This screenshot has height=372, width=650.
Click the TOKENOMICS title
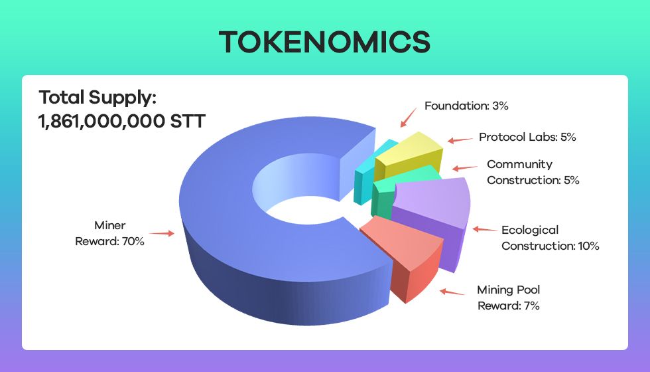[x=324, y=42]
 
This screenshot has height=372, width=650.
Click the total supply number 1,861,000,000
[x=101, y=121]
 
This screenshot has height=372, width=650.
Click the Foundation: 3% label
[x=466, y=106]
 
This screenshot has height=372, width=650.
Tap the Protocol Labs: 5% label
[x=527, y=137]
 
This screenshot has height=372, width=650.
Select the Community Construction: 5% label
[x=533, y=172]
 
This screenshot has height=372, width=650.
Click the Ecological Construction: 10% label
[x=551, y=238]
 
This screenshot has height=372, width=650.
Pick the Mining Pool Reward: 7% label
[x=509, y=298]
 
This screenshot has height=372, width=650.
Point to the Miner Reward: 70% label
[x=110, y=233]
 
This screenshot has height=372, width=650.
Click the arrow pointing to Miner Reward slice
[x=162, y=233]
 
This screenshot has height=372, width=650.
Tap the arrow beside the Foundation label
[x=409, y=118]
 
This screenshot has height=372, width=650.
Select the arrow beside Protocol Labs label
[x=460, y=140]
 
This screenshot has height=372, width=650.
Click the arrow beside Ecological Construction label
[x=485, y=229]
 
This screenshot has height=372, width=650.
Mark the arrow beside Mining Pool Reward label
[x=452, y=292]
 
